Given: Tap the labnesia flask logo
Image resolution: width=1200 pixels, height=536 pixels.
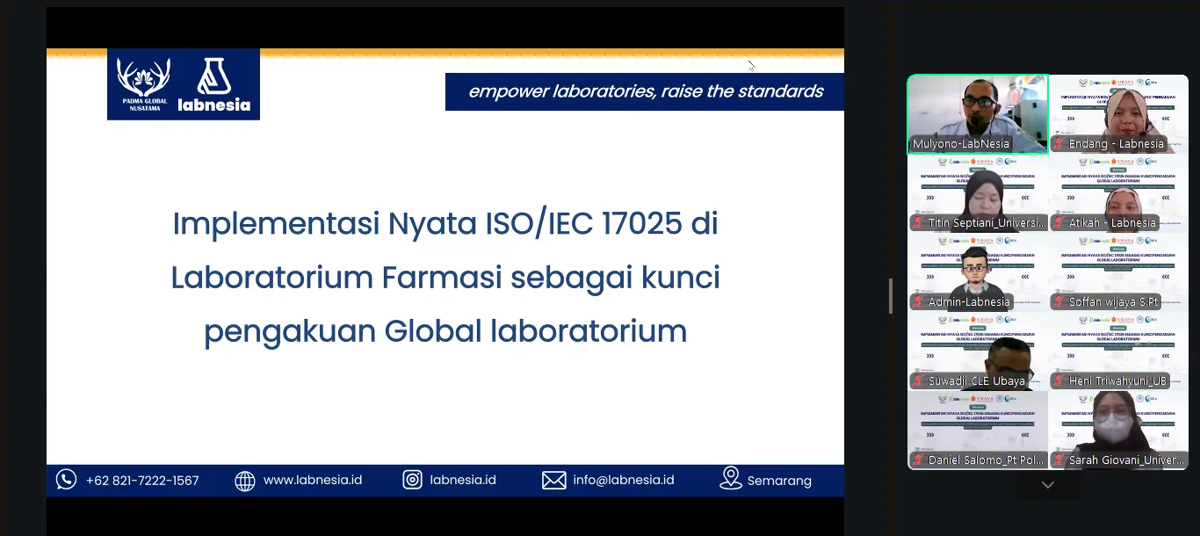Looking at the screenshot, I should [213, 77].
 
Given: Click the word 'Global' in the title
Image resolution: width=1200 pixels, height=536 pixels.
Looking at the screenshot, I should [433, 331].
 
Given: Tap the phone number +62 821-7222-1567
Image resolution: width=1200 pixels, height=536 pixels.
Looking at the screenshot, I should [142, 481].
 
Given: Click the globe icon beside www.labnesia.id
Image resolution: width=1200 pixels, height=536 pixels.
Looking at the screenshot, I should [245, 481].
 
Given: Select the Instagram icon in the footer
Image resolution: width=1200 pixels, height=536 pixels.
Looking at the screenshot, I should [412, 480].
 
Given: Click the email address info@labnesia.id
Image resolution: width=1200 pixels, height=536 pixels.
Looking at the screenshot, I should [623, 480].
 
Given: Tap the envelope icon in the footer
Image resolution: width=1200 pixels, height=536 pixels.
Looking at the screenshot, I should [553, 480].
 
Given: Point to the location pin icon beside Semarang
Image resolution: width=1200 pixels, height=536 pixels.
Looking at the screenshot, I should [730, 478].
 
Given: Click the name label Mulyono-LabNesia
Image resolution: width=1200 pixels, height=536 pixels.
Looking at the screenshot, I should [961, 144].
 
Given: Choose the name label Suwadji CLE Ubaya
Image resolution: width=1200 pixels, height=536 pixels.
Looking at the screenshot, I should [976, 381].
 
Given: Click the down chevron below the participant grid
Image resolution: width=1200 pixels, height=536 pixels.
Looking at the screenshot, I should [1047, 485].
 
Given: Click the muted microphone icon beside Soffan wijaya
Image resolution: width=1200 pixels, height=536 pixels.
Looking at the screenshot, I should [1060, 302].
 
